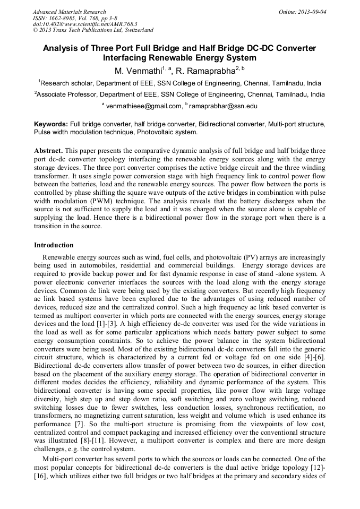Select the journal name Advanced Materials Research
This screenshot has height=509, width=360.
tap(69, 12)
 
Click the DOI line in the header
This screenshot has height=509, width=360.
tap(85, 24)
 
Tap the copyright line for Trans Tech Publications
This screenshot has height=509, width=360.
tap(93, 30)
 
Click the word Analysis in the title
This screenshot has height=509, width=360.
tap(61, 48)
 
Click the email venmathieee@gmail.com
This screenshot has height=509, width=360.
tap(144, 106)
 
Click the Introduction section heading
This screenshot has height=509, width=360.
tap(54, 245)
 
